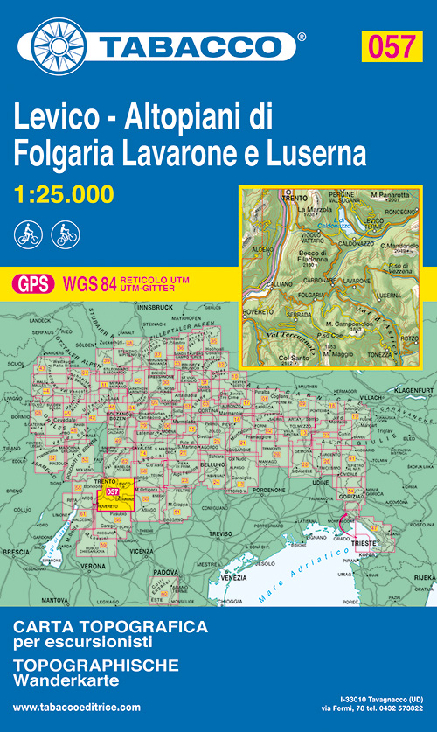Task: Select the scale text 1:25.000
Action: [x=66, y=195]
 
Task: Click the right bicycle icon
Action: [x=65, y=234]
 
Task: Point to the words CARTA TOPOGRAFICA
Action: [x=110, y=627]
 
